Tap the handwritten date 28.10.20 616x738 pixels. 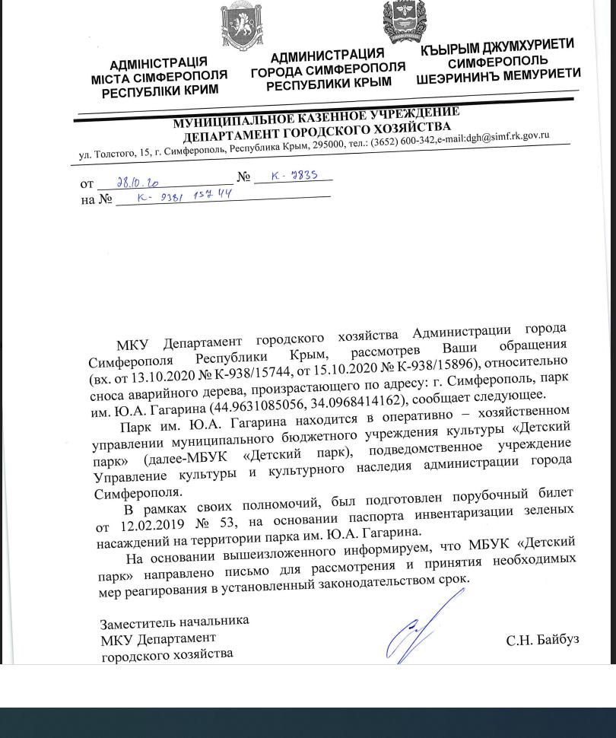[138, 183]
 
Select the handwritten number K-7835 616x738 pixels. [294, 176]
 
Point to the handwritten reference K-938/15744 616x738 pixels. [184, 196]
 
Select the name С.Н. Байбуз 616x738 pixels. [542, 640]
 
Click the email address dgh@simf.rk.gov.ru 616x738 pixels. [507, 138]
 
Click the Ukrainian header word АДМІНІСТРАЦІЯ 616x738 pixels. [158, 64]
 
